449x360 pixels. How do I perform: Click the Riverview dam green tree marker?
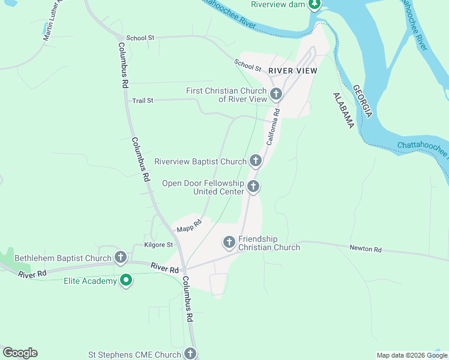(314, 5)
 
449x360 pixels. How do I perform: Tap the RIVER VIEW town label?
(292, 71)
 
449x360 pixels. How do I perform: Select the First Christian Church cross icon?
(276, 94)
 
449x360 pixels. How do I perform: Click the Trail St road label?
(143, 101)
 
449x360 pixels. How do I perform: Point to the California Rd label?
(273, 127)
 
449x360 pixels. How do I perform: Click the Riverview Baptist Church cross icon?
(256, 161)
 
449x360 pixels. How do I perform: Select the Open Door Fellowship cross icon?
(253, 187)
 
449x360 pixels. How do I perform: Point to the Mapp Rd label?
(188, 226)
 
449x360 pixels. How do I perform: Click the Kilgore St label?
(158, 245)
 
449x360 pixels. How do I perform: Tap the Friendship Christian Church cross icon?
(229, 242)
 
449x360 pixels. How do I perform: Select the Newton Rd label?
(366, 249)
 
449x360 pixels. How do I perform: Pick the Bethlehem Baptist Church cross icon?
(121, 258)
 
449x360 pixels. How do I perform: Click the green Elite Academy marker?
(126, 280)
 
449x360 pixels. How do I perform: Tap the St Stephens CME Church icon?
(190, 354)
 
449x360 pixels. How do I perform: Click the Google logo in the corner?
(20, 353)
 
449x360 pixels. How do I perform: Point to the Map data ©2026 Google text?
(412, 355)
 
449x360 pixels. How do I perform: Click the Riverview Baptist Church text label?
(200, 161)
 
